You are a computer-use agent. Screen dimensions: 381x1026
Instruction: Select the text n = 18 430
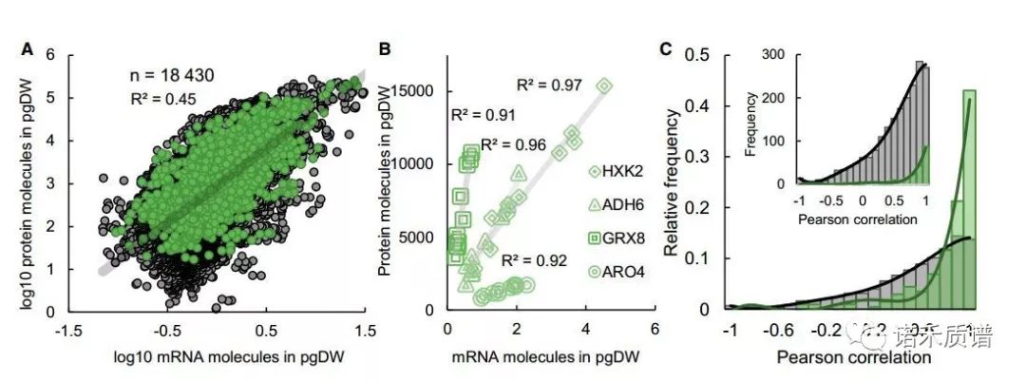pyautogui.click(x=178, y=74)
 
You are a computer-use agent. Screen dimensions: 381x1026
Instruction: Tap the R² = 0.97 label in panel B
pyautogui.click(x=548, y=86)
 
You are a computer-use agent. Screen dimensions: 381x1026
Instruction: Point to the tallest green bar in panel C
pyautogui.click(x=969, y=200)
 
